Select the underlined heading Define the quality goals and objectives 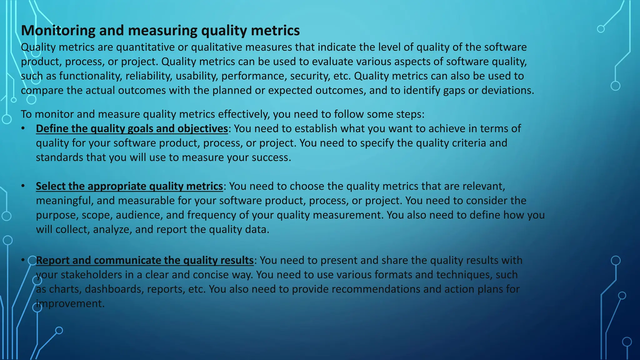132,129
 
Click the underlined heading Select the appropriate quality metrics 129,186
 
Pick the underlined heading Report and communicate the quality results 145,260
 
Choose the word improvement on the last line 70,304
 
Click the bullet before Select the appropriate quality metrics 23,186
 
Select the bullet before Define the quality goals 23,129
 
